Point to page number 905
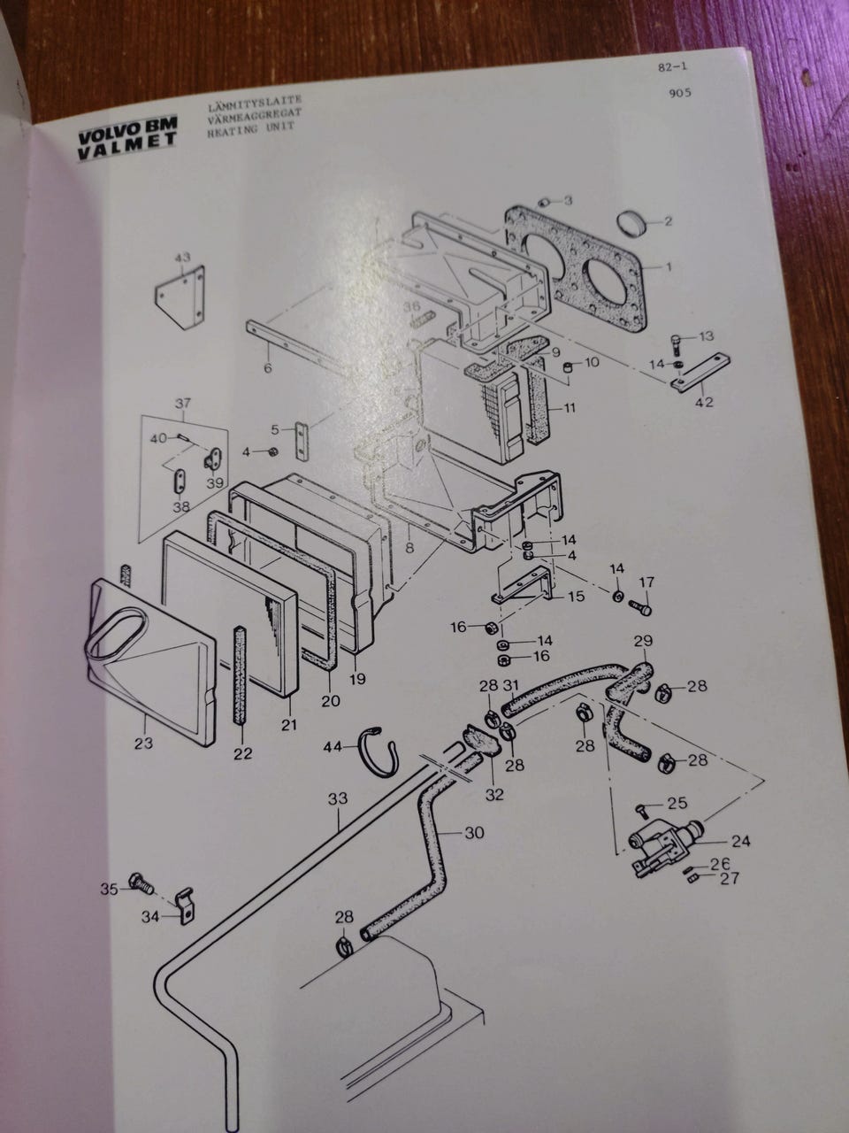click(x=680, y=93)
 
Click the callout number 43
click(x=181, y=257)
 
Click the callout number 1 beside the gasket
click(x=669, y=265)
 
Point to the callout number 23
click(x=144, y=744)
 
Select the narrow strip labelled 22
click(x=240, y=673)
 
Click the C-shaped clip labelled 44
click(x=381, y=749)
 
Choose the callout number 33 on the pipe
click(x=337, y=798)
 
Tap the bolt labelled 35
click(x=139, y=883)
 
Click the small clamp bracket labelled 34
click(x=184, y=906)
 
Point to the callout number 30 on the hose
click(x=474, y=833)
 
